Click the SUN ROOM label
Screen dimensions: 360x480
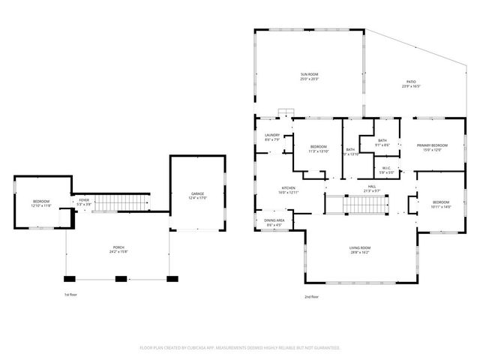310,76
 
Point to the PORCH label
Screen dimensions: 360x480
118,248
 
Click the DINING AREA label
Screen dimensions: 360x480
274,222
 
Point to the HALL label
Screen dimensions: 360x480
371,188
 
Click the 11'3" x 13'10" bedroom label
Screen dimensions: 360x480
318,148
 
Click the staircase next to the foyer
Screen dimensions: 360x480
120,202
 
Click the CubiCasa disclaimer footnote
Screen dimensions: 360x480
240,347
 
